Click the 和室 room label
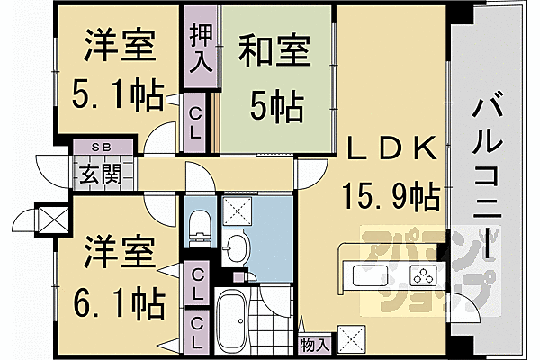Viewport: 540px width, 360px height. click(x=274, y=51)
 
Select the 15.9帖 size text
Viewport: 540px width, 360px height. click(x=391, y=197)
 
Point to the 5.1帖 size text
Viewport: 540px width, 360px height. click(x=117, y=94)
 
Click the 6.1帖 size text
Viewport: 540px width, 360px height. click(x=119, y=302)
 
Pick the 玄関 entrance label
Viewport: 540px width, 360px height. click(x=102, y=174)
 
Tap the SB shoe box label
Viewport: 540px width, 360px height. click(x=102, y=147)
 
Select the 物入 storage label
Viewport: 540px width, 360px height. click(x=315, y=345)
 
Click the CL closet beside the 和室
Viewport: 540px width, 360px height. click(x=195, y=123)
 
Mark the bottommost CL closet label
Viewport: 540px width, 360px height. click(x=196, y=332)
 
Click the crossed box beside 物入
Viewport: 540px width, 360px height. click(x=351, y=339)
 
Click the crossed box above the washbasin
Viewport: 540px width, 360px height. click(x=238, y=211)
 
